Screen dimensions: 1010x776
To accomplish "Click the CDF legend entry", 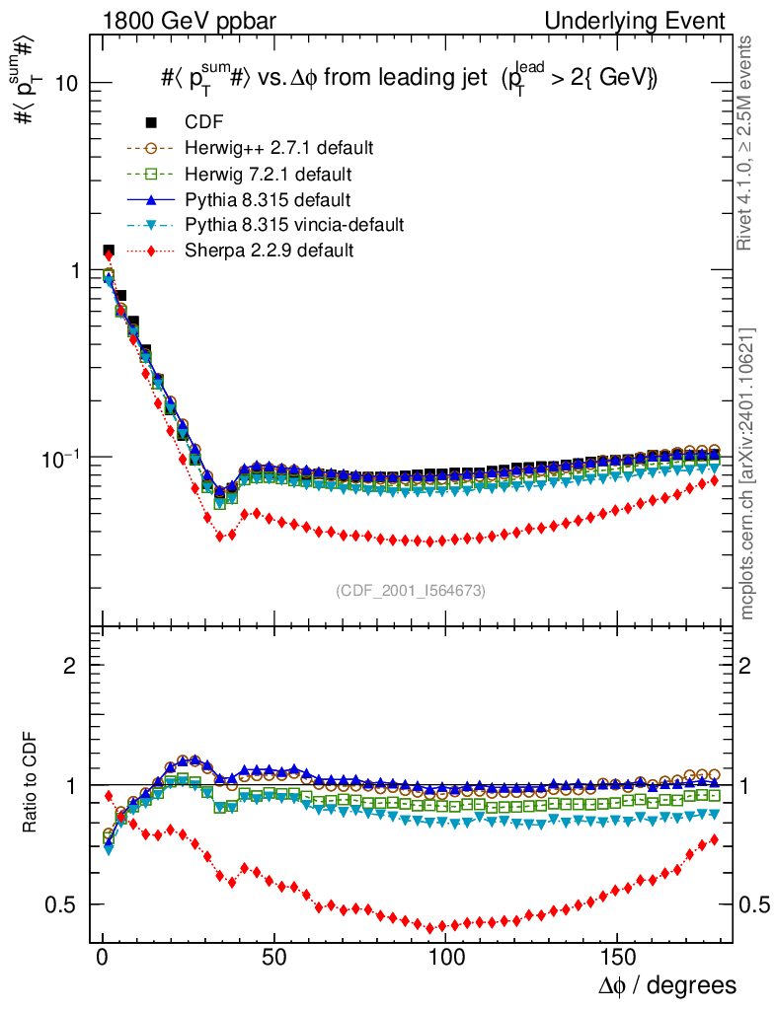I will point(203,122).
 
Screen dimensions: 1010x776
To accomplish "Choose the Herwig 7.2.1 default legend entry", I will point(269,174).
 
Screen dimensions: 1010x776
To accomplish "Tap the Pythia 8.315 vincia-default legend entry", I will point(294,225).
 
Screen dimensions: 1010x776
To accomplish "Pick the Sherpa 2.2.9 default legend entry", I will point(269,251).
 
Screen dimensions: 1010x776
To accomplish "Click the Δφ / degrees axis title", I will point(665,984).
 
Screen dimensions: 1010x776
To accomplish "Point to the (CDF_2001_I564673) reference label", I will point(411,590).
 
